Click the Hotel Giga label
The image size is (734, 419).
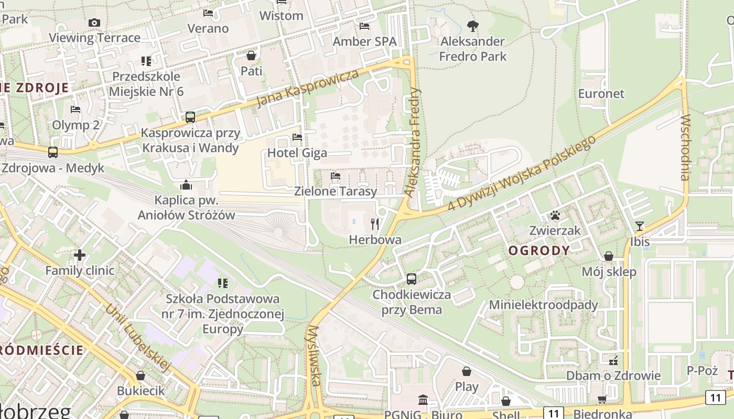(x=297, y=153)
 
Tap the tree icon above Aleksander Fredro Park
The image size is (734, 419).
(x=473, y=26)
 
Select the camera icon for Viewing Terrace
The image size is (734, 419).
(x=94, y=23)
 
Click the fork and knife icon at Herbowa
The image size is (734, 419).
(x=375, y=225)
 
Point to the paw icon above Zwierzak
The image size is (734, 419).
(x=555, y=215)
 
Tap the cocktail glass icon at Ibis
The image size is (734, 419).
(x=640, y=226)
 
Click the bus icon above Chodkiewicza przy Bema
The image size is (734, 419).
(x=412, y=279)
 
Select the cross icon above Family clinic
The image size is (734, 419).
(x=80, y=255)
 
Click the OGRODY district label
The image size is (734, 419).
(x=539, y=250)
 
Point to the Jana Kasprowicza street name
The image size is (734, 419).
(x=308, y=87)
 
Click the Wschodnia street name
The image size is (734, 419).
(x=685, y=148)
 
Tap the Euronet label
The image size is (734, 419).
(x=601, y=94)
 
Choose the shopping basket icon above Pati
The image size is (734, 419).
(x=251, y=55)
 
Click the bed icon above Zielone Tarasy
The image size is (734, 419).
(x=336, y=176)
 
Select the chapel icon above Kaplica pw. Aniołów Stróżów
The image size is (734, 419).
(x=186, y=185)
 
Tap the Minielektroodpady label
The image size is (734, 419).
(x=543, y=305)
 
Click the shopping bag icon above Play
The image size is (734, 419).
(x=467, y=371)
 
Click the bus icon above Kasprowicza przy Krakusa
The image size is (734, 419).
(x=190, y=117)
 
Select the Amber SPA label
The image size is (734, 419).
(x=364, y=41)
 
